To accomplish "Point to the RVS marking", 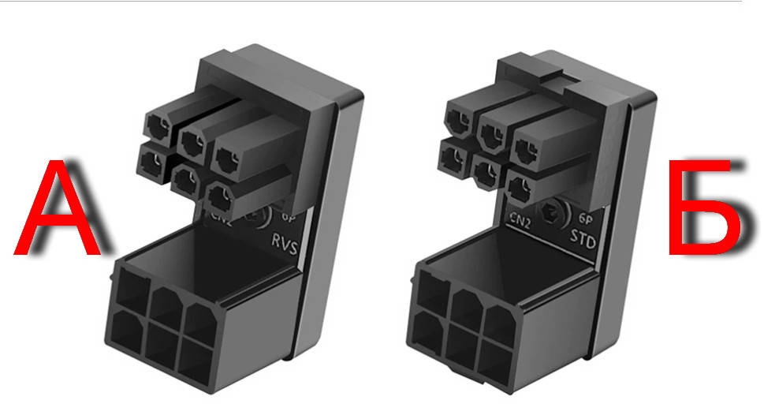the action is [285, 243].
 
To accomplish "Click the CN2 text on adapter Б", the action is [520, 219].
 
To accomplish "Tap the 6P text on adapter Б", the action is [585, 218].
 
